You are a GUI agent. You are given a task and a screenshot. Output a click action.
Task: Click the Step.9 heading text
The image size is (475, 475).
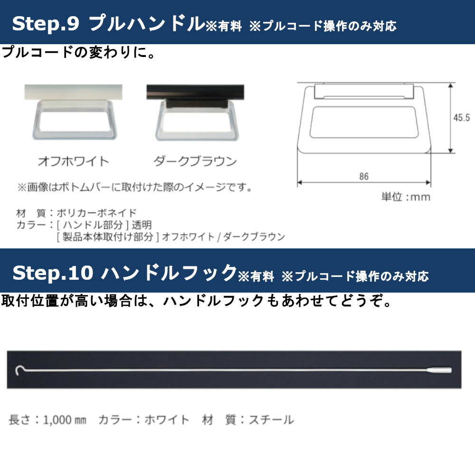click(x=46, y=23)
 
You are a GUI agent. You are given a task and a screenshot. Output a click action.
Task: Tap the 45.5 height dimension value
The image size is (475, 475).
click(x=461, y=117)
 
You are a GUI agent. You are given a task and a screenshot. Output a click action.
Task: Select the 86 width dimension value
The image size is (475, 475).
click(x=364, y=176)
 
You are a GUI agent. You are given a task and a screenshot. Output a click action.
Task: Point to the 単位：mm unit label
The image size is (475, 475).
click(x=406, y=197)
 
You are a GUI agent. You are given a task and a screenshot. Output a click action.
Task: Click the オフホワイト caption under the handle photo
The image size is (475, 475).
click(x=73, y=161)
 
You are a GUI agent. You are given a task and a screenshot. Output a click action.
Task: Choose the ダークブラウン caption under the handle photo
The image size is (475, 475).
click(x=195, y=161)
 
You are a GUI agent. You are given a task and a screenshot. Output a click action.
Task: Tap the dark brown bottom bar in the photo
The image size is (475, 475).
click(x=195, y=92)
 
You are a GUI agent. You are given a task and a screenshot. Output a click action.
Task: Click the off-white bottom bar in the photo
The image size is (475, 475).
click(x=73, y=92)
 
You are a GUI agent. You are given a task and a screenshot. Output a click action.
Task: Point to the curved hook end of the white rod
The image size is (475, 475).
click(x=18, y=370)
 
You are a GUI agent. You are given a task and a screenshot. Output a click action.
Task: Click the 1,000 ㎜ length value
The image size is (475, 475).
click(x=65, y=420)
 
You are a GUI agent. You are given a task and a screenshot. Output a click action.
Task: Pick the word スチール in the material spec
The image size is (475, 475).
click(x=271, y=420)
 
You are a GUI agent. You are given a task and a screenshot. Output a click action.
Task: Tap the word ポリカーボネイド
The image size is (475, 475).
click(x=96, y=213)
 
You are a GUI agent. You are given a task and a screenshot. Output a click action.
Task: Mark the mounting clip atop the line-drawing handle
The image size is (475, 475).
click(x=364, y=91)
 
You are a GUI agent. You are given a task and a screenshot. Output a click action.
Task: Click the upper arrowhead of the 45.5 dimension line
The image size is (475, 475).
click(x=451, y=86)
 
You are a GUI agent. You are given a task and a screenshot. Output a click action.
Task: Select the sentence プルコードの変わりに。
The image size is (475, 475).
click(x=79, y=52)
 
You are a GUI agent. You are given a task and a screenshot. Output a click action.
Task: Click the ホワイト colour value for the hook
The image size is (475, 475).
click(x=167, y=420)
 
